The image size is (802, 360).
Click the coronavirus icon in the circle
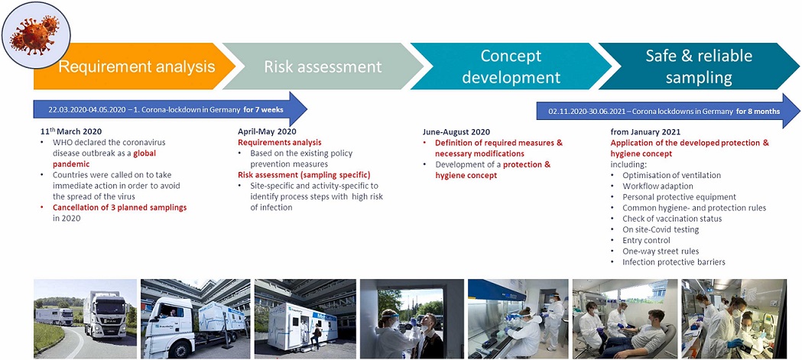click(x=36, y=34)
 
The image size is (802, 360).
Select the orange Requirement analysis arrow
click(x=134, y=66)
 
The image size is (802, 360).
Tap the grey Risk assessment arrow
click(x=323, y=66)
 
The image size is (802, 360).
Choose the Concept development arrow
click(x=511, y=66)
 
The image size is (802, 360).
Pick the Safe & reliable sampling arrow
click(x=699, y=66)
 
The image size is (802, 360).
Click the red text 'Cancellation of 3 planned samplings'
click(x=119, y=208)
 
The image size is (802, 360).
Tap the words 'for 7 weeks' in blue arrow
click(x=264, y=109)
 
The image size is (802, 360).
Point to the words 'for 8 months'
click(x=758, y=111)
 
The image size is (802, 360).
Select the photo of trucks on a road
click(x=86, y=319)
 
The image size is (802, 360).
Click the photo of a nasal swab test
click(x=412, y=319)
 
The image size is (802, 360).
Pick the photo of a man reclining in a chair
click(x=625, y=319)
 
